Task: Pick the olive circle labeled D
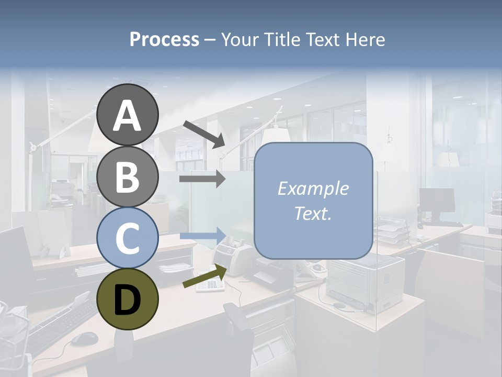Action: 127,298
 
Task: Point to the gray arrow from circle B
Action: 202,179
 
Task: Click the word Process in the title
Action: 164,39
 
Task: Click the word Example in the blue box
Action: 313,188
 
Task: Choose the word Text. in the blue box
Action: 313,213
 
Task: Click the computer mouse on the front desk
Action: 84,339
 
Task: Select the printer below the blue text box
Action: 364,283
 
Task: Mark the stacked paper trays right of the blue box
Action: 392,230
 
